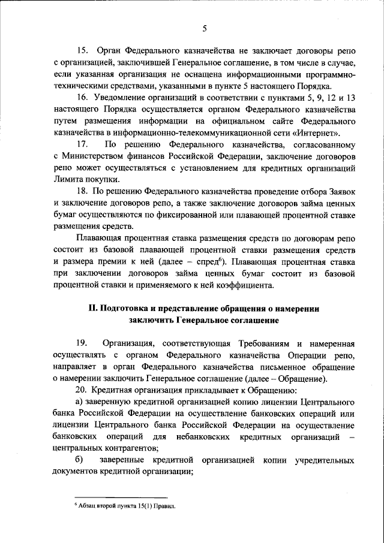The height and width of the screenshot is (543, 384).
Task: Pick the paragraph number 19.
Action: point(85,344)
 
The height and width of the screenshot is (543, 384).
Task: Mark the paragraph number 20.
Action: point(84,390)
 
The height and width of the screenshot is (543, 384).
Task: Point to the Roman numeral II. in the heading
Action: point(93,308)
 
